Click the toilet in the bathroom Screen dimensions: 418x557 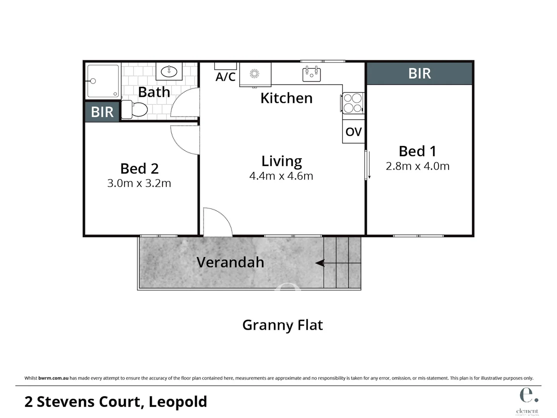pyautogui.click(x=135, y=110)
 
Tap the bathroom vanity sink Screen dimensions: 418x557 pyautogui.click(x=169, y=72)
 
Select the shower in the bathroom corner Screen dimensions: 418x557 pyautogui.click(x=103, y=81)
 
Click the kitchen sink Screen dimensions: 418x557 pyautogui.click(x=312, y=74)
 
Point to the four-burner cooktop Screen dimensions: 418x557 pyautogui.click(x=353, y=103)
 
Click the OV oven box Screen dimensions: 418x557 pyautogui.click(x=353, y=132)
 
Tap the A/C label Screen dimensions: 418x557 pyautogui.click(x=225, y=77)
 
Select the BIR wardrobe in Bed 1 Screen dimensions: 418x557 pyautogui.click(x=419, y=73)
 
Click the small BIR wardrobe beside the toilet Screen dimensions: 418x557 pyautogui.click(x=102, y=112)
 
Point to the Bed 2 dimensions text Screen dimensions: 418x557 pyautogui.click(x=139, y=183)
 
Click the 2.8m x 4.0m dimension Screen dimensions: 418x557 pyautogui.click(x=417, y=166)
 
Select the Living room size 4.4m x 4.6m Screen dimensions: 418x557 pyautogui.click(x=281, y=176)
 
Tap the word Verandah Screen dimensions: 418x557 pyautogui.click(x=230, y=262)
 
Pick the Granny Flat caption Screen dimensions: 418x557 pyautogui.click(x=282, y=325)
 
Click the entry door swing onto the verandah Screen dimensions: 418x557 pyautogui.click(x=217, y=223)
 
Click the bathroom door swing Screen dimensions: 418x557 pyautogui.click(x=185, y=103)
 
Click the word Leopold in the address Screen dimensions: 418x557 pyautogui.click(x=178, y=401)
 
